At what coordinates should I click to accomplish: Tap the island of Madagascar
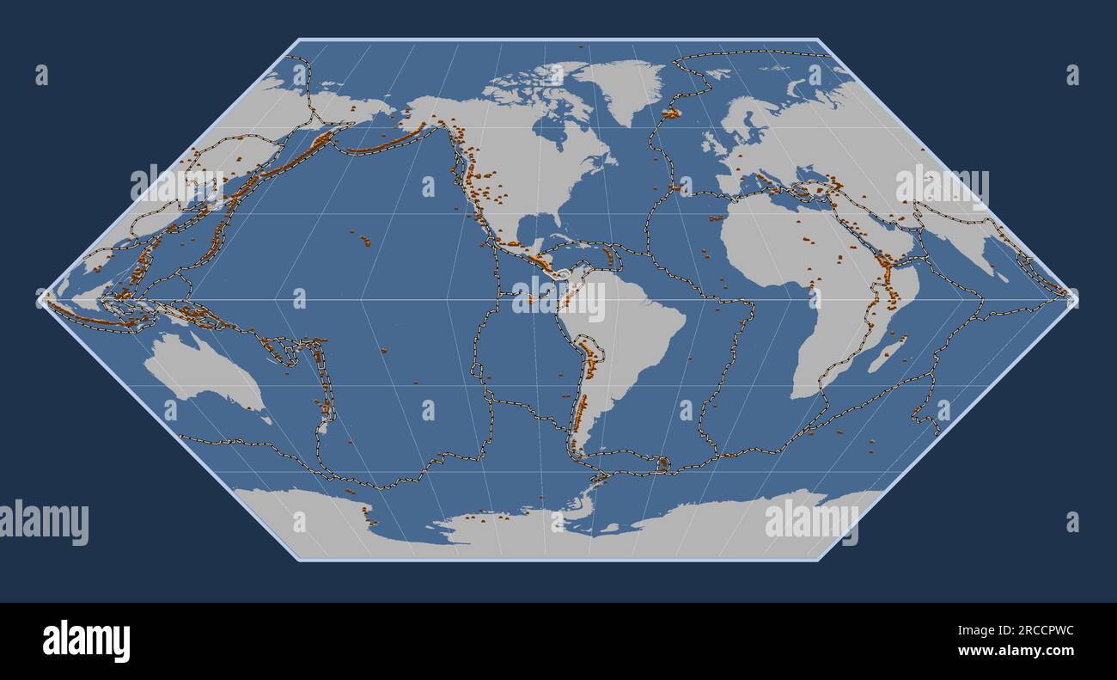pos(888,354)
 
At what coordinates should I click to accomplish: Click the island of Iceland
pos(671,113)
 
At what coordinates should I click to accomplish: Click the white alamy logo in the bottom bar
pos(86,641)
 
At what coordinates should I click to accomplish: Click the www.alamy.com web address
pos(1017,651)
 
